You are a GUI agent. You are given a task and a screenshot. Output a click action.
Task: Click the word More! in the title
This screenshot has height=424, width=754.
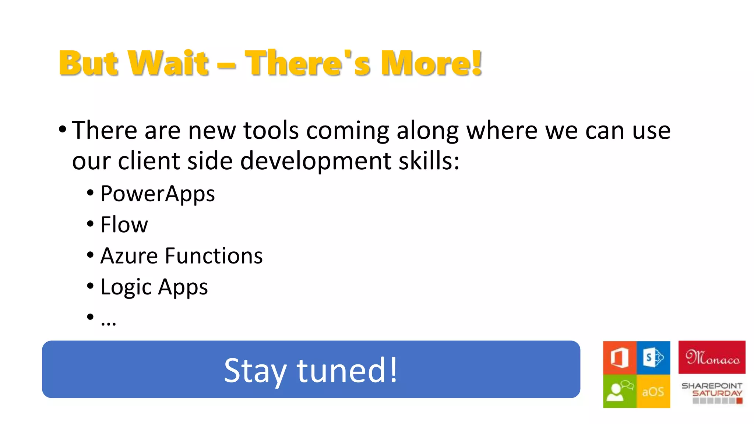click(x=431, y=63)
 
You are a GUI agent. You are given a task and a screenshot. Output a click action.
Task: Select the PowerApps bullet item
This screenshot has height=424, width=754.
click(x=157, y=194)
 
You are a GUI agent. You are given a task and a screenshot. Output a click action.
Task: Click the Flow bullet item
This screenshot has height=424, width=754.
click(x=124, y=225)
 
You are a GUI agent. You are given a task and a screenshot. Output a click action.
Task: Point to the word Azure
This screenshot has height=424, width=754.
click(x=129, y=256)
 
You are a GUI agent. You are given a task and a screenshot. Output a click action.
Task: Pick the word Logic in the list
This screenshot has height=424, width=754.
click(x=126, y=287)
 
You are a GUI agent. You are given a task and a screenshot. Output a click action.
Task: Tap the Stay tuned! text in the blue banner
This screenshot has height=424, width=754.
click(x=311, y=370)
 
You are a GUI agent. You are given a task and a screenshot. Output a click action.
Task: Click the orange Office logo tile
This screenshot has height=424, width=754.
click(x=620, y=357)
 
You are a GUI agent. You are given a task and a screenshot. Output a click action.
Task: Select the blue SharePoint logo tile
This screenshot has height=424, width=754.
click(x=653, y=357)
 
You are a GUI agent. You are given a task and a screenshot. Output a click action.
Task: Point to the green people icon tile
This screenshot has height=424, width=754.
click(x=620, y=391)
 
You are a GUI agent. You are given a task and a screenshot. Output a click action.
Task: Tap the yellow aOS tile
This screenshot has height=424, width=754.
click(x=653, y=391)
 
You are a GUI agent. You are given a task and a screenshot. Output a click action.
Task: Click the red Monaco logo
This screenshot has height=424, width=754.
click(x=712, y=357)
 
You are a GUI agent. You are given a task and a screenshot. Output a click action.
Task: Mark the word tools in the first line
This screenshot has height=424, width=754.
click(x=271, y=131)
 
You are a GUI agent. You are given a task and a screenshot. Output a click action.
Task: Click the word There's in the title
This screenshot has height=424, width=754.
click(x=308, y=63)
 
